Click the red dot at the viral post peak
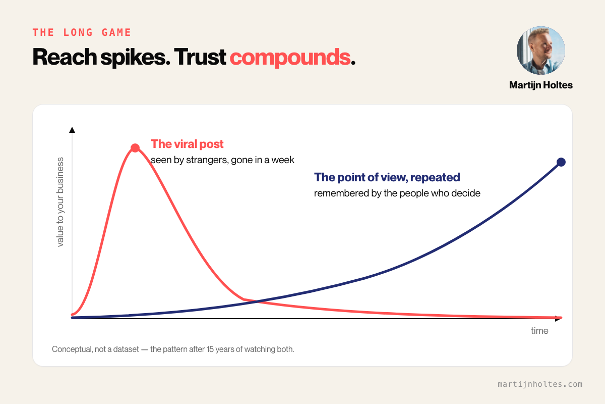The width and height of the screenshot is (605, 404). tap(135, 148)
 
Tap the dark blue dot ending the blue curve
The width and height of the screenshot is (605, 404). tap(561, 162)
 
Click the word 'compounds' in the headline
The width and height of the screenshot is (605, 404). tap(290, 57)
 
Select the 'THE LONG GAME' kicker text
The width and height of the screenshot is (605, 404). tap(82, 32)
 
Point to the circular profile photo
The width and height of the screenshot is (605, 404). tap(540, 50)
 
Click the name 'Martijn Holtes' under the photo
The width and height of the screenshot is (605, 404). tap(540, 85)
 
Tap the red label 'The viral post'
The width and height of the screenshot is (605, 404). tap(187, 144)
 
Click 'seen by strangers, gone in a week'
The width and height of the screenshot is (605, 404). tap(222, 160)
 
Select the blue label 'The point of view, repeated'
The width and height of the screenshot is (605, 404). tap(387, 177)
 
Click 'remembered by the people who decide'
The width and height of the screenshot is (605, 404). tap(397, 193)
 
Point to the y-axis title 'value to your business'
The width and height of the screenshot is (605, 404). tap(60, 202)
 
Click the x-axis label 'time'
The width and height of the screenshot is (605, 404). tap(539, 331)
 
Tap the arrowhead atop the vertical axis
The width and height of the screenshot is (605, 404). tap(72, 130)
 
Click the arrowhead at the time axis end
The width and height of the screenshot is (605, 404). tap(558, 319)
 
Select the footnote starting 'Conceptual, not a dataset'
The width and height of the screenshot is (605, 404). tap(173, 349)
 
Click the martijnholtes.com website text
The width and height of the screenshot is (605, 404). tap(540, 384)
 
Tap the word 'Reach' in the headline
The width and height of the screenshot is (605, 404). tap(65, 57)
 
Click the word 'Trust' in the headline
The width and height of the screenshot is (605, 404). tap(200, 57)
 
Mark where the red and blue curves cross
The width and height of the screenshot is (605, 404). tap(257, 301)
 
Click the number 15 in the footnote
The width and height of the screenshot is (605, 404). tap(210, 349)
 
